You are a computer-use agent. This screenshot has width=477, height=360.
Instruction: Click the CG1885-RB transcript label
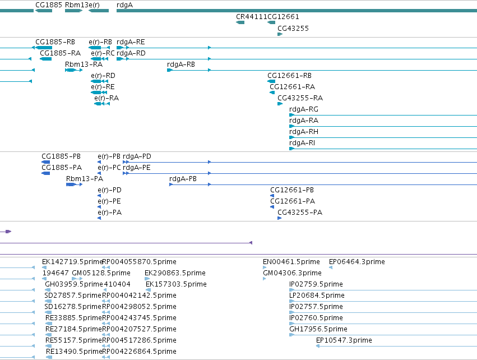pos(55,42)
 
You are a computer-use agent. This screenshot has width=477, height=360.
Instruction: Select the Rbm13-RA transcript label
pos(84,64)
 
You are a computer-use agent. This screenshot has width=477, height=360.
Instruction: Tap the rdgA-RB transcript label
pos(181,64)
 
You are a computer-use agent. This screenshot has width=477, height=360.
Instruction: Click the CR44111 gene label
pos(251,17)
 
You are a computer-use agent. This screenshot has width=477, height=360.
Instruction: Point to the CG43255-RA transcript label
pos(300,98)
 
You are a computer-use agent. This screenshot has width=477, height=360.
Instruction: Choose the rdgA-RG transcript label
pos(304,109)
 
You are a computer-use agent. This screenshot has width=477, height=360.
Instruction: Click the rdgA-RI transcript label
pos(302,143)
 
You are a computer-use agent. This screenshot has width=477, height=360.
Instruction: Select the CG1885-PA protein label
pos(62,168)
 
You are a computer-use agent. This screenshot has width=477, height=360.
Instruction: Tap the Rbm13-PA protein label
pos(85,179)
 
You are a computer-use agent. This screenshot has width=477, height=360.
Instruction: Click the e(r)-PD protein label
pos(109,190)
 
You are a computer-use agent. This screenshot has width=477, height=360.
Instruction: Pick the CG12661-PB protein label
pos(292,190)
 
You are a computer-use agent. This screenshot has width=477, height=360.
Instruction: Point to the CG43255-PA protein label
pos(300,213)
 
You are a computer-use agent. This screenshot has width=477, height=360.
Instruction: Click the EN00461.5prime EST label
pos(291,262)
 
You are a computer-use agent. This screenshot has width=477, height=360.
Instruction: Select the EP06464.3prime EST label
pos(357,262)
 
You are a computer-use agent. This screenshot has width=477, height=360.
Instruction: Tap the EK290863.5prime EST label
pos(175,273)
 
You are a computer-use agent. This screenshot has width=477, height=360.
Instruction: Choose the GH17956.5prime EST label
pos(318,329)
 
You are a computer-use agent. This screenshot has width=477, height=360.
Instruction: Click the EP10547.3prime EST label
pos(344,340)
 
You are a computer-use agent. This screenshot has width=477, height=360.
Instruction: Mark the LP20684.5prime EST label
pos(317,296)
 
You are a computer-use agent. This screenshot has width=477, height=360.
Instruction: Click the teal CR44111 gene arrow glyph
pos(240,22)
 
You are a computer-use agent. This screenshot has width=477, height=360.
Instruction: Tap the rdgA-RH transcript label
pos(304,132)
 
